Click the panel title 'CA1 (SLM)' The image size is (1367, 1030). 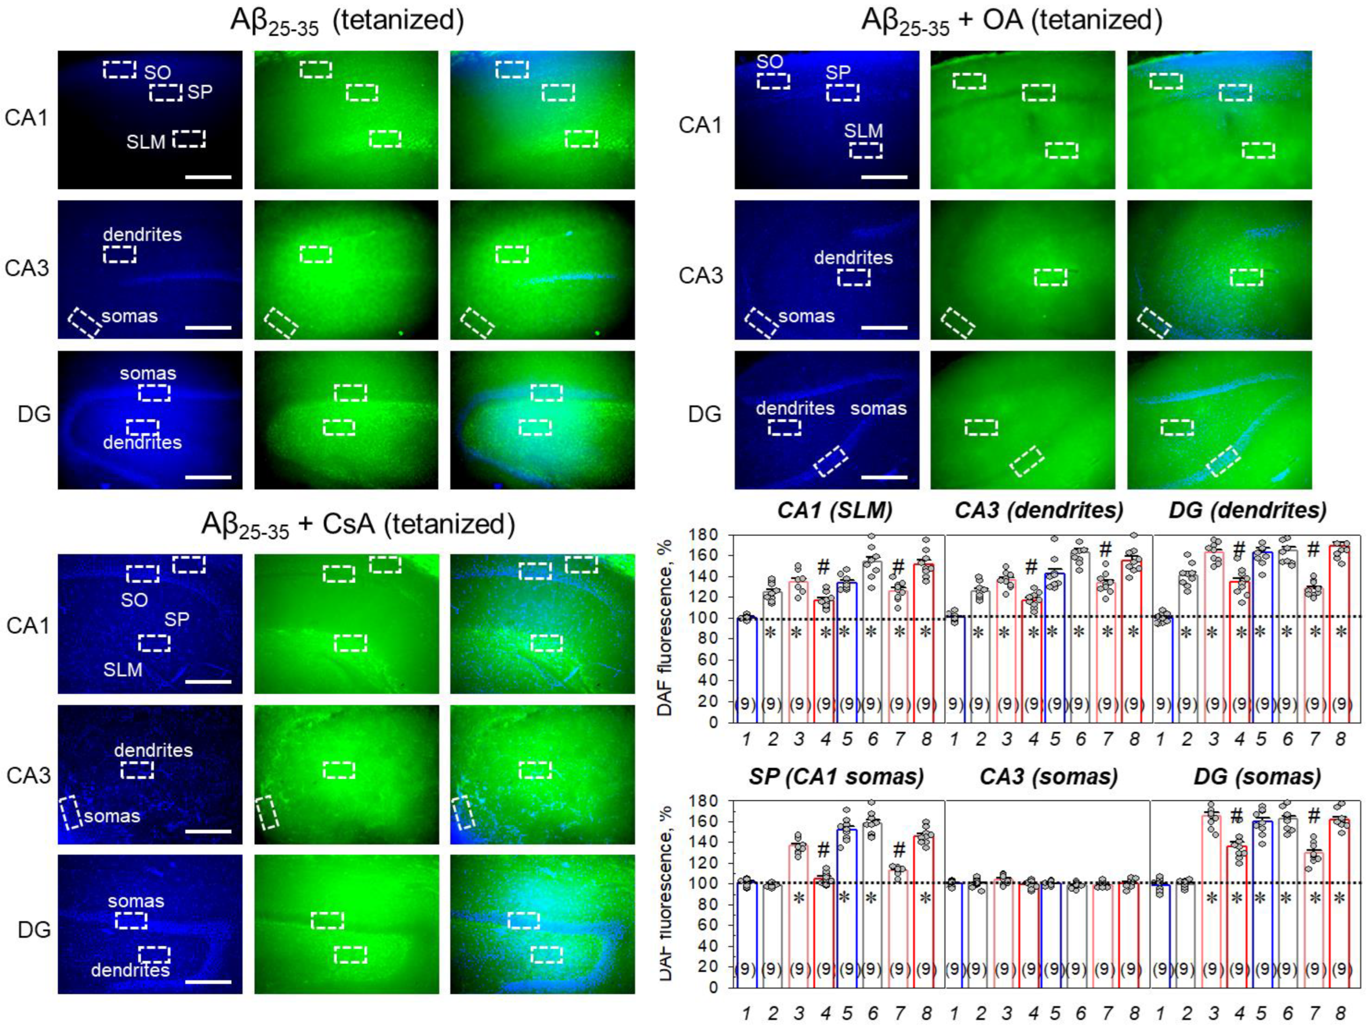[835, 510]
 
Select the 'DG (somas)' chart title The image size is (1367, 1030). [1257, 777]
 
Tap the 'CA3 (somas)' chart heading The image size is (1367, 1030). [1049, 777]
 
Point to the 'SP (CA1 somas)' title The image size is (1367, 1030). [836, 777]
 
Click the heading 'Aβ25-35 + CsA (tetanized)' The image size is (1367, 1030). [358, 525]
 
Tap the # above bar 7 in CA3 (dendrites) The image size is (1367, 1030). [1106, 550]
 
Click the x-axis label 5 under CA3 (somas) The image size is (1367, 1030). [1055, 1014]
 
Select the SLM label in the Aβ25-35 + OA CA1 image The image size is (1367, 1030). [863, 131]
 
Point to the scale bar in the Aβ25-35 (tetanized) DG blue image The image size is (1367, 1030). [208, 477]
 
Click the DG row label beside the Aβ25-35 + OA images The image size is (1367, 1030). [704, 414]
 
